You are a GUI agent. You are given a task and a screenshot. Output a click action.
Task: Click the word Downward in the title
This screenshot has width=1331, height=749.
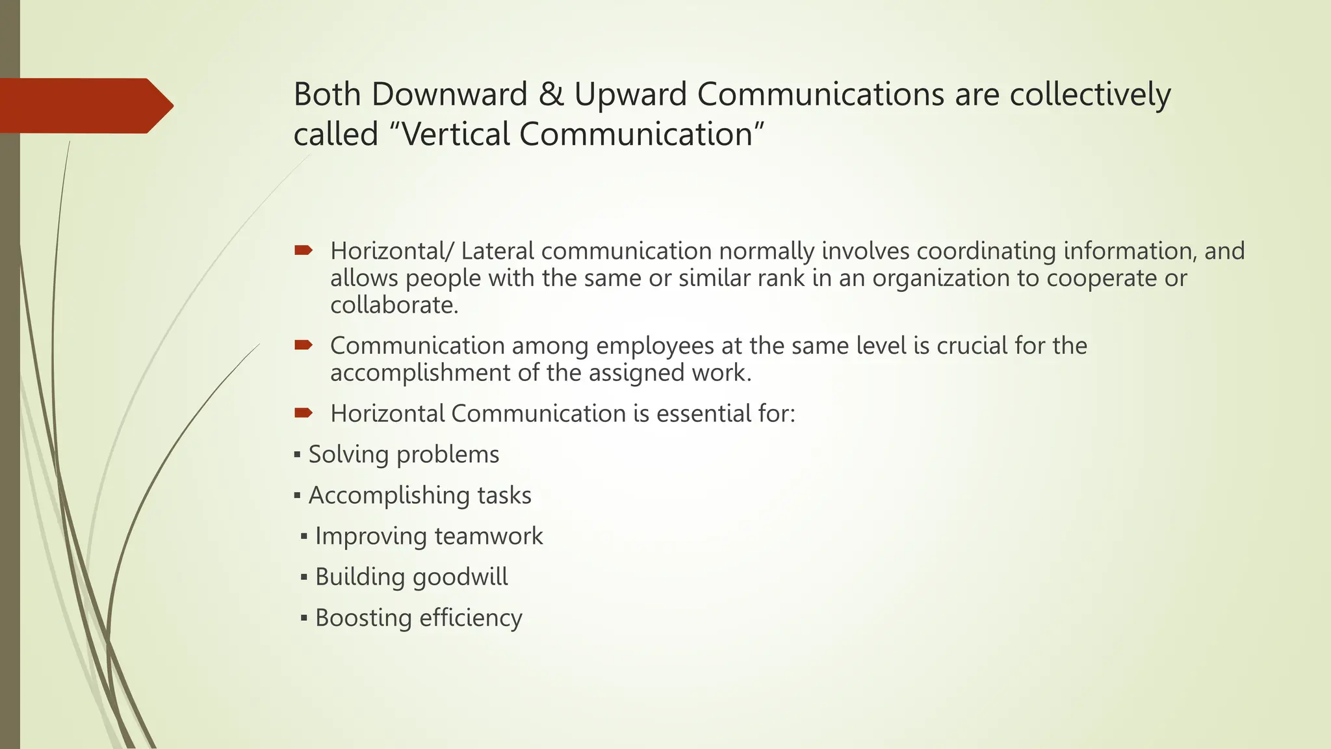(x=449, y=94)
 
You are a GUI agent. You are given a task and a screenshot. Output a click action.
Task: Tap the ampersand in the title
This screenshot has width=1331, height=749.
(x=551, y=94)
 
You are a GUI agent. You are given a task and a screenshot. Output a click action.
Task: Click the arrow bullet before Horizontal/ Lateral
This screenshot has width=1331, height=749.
(x=304, y=250)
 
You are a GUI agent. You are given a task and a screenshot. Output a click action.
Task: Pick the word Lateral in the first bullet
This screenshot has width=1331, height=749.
(x=497, y=251)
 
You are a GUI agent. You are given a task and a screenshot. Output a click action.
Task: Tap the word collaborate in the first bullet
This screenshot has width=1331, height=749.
(x=394, y=305)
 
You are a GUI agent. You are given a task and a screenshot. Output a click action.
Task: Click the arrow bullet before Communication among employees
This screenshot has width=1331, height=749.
(x=304, y=345)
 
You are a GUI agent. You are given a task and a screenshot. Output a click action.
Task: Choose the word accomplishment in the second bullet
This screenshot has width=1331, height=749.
(x=420, y=373)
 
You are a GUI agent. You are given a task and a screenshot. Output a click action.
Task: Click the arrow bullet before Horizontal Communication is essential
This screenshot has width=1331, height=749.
(x=304, y=413)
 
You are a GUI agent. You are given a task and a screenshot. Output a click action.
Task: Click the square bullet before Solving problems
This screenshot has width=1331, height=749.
(x=297, y=454)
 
